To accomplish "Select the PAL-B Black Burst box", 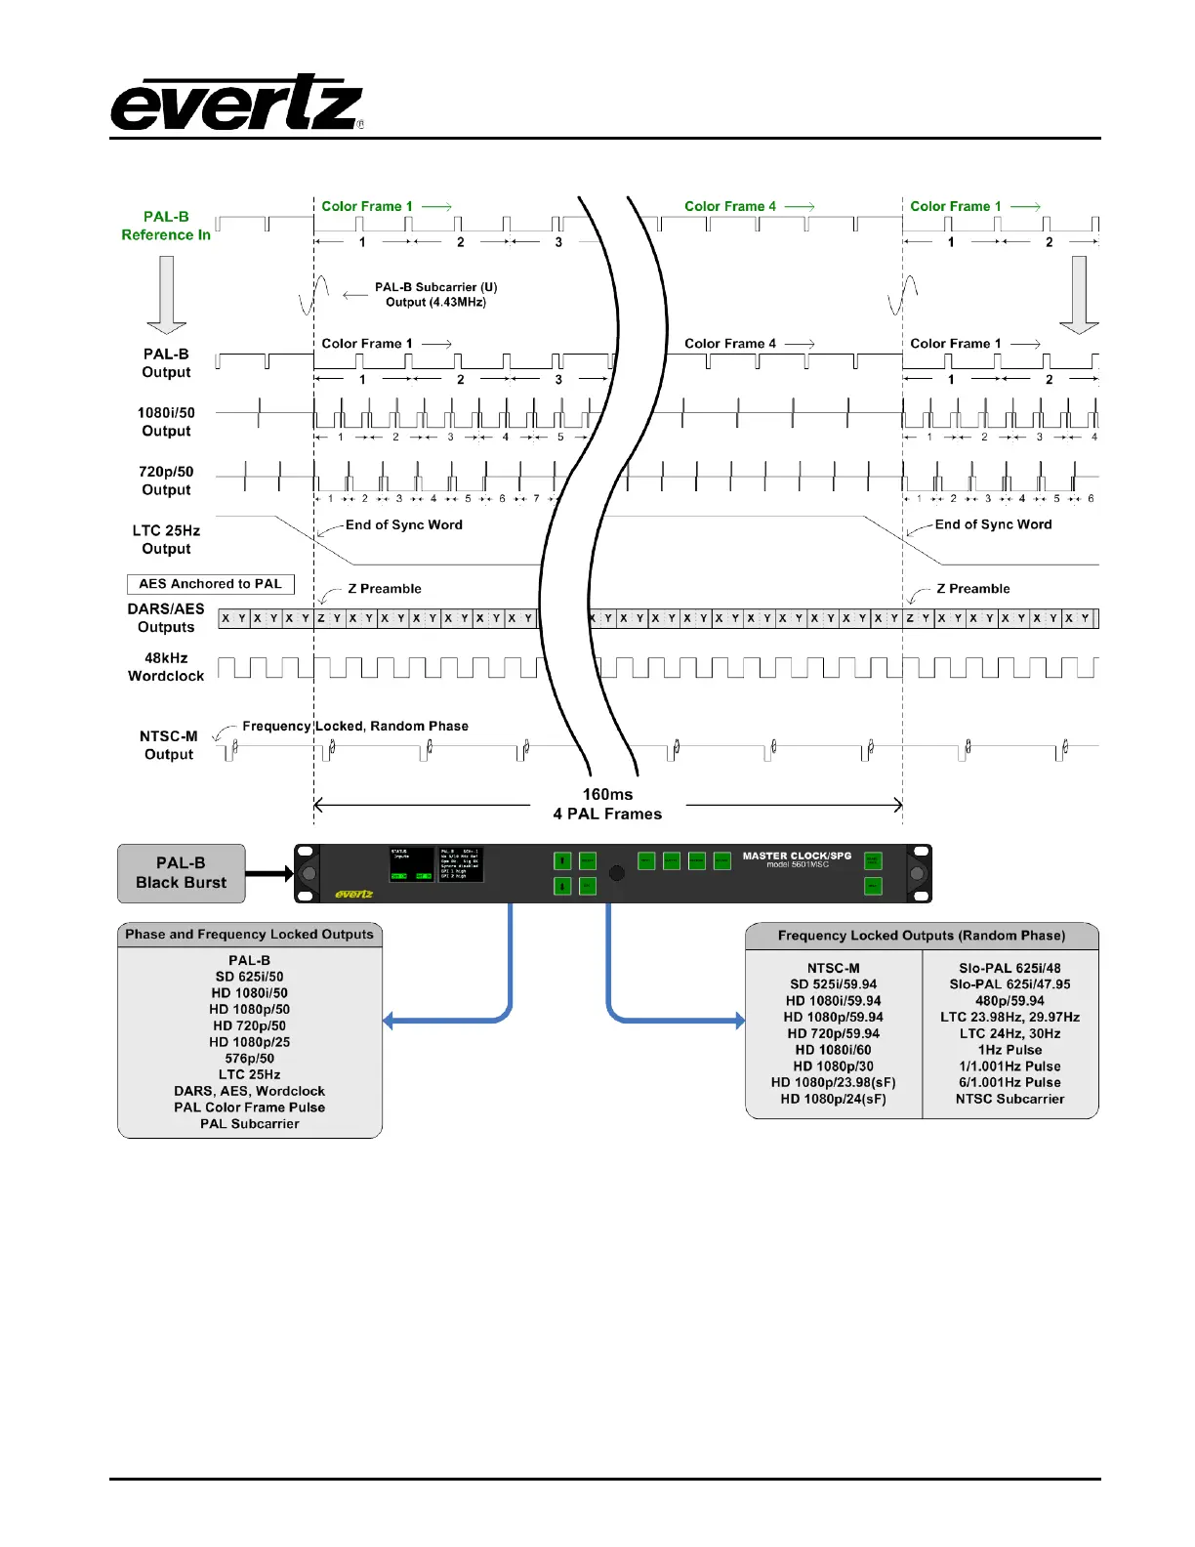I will tap(181, 873).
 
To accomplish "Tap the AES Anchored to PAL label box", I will tap(210, 584).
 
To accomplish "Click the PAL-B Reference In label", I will tap(166, 226).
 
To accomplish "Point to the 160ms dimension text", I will tap(607, 795).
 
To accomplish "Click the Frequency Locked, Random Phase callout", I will tap(355, 727).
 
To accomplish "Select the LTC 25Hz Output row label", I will tap(166, 540).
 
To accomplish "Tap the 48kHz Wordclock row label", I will tap(166, 667).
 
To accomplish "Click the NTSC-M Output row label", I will tap(168, 745).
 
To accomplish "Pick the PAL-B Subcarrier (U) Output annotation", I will tap(435, 295).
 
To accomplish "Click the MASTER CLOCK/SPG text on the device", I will tap(797, 857).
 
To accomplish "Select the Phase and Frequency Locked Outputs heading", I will tap(249, 935).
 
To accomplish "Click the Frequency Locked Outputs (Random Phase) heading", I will tap(922, 936).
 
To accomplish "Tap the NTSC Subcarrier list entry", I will tap(1010, 1099).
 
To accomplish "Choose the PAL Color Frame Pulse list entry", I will tap(249, 1108).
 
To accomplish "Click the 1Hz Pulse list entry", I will tap(1010, 1050).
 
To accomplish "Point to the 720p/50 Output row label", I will tap(166, 481).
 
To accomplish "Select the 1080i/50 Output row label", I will tap(166, 422).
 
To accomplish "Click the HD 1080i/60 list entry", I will tap(833, 1050).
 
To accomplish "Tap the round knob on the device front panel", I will tap(617, 873).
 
